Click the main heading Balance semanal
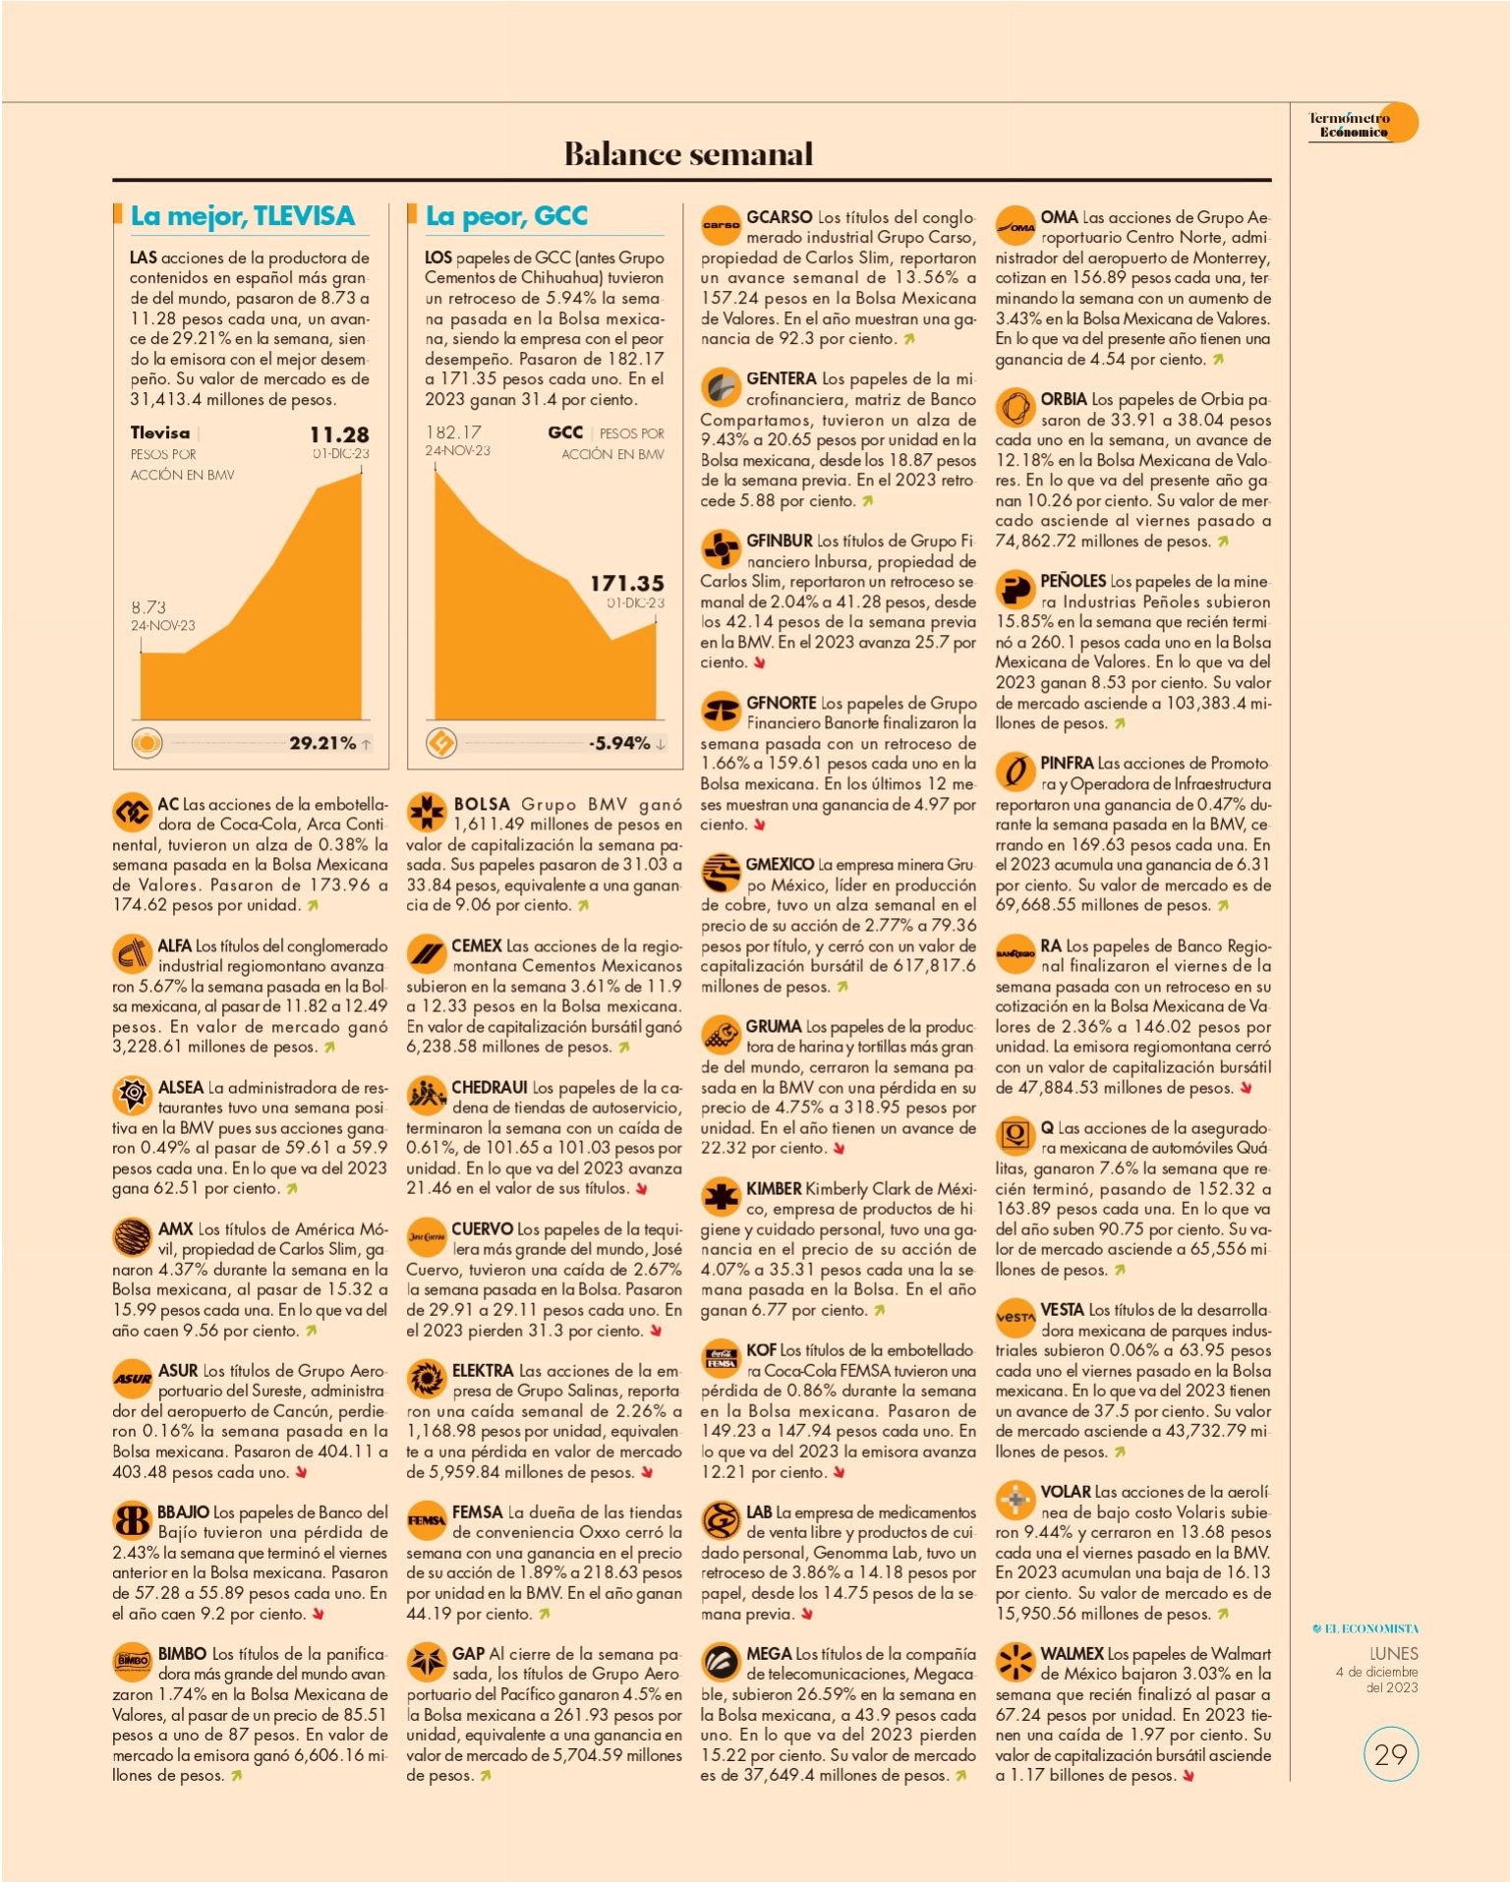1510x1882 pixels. point(688,153)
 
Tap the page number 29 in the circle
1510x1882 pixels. point(1390,1754)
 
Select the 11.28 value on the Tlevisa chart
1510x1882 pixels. point(339,434)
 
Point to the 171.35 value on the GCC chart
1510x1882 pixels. point(627,583)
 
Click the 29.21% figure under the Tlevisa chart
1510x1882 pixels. point(322,743)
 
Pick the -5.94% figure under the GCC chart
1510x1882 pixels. point(619,743)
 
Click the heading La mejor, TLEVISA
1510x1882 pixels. point(243,216)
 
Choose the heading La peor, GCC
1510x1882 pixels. point(506,216)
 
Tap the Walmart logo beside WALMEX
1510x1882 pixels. point(1015,1662)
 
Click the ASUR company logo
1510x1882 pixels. point(132,1379)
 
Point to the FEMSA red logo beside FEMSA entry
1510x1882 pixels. point(427,1520)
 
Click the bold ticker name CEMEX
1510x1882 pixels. point(477,945)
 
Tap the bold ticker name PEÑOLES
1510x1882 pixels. point(1073,581)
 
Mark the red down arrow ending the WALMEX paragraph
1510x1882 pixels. point(1189,1776)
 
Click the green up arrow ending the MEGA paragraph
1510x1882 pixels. point(960,1776)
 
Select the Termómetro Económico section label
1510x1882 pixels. point(1349,125)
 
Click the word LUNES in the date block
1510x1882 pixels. point(1394,1654)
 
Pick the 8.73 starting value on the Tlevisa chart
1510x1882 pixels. point(148,607)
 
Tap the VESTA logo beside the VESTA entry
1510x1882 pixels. point(1015,1318)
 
